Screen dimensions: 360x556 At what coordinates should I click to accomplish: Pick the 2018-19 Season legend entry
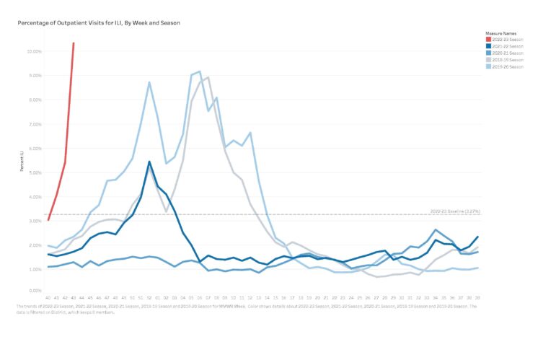506,59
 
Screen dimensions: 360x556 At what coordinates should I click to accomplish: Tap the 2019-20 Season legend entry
506,66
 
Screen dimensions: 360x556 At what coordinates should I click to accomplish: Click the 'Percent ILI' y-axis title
24,171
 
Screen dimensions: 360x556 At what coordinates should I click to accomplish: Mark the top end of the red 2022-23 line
74,43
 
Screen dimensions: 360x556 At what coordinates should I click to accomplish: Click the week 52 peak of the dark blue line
149,162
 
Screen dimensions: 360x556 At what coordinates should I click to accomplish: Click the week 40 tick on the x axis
48,297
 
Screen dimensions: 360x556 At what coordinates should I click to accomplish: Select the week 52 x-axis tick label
149,297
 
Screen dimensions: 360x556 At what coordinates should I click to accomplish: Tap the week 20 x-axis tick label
317,297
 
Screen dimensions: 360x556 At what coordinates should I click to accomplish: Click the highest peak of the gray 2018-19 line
208,77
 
